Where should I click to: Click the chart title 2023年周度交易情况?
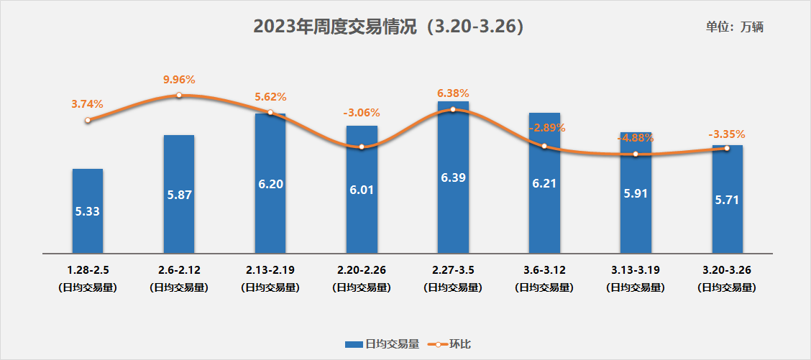pyautogui.click(x=388, y=27)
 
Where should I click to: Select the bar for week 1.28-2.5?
pyautogui.click(x=88, y=211)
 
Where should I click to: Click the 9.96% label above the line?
pyautogui.click(x=179, y=80)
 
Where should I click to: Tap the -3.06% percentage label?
pyautogui.click(x=362, y=113)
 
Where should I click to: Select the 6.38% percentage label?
pyautogui.click(x=453, y=93)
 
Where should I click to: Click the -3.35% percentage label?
pyautogui.click(x=727, y=134)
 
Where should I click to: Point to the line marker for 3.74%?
pyautogui.click(x=88, y=121)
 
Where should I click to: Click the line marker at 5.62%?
pyautogui.click(x=270, y=112)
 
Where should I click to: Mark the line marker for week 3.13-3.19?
pyautogui.click(x=636, y=154)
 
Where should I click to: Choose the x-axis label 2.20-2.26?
pyautogui.click(x=362, y=271)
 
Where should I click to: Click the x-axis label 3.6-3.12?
pyautogui.click(x=544, y=271)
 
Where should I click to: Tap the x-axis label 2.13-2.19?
pyautogui.click(x=270, y=271)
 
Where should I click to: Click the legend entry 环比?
pyautogui.click(x=449, y=344)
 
